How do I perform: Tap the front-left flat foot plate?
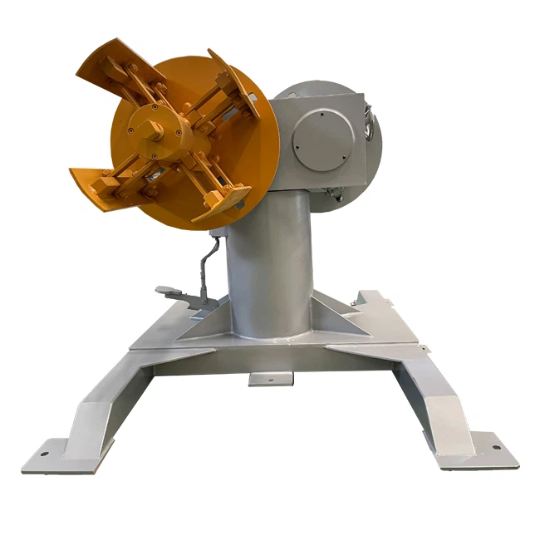62,455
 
